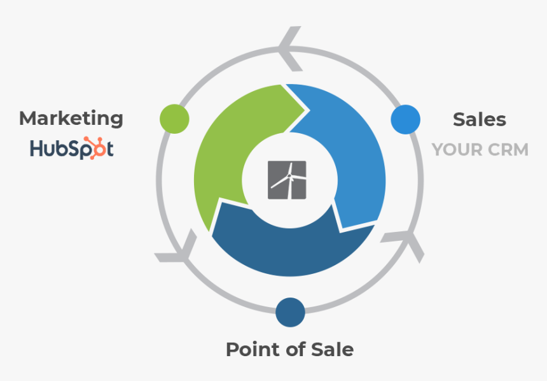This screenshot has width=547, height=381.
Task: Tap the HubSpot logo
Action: pyautogui.click(x=72, y=148)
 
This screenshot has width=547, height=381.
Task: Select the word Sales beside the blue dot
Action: pyautogui.click(x=480, y=120)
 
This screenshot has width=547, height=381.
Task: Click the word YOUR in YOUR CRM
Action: pyautogui.click(x=457, y=150)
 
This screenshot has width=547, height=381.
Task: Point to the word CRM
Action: pyautogui.click(x=508, y=150)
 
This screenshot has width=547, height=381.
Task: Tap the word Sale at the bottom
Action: pyautogui.click(x=333, y=349)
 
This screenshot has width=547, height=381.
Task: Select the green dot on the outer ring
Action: pyautogui.click(x=174, y=119)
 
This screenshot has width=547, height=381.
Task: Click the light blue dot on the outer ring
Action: pyautogui.click(x=405, y=119)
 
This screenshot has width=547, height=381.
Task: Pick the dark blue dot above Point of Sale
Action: pyautogui.click(x=290, y=312)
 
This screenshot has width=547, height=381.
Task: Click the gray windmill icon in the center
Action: pyautogui.click(x=287, y=180)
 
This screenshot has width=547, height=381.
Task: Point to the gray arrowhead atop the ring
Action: pyautogui.click(x=289, y=48)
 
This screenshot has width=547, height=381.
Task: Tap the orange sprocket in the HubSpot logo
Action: pyautogui.click(x=96, y=148)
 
